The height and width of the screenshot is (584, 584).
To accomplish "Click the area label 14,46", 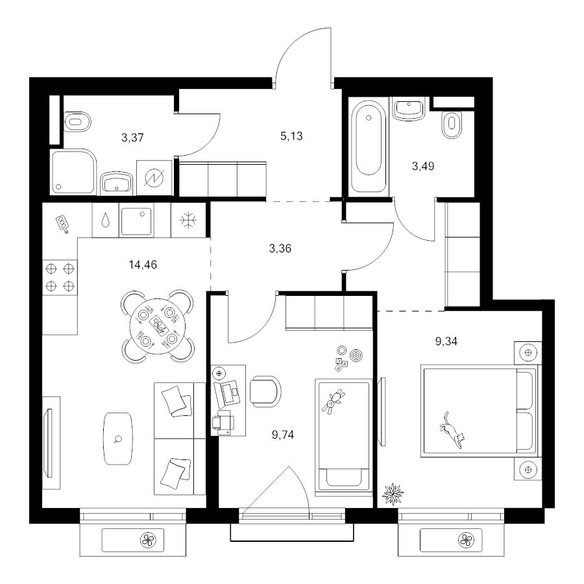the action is (x=143, y=265).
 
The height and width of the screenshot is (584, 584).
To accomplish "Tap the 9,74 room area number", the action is (x=283, y=435).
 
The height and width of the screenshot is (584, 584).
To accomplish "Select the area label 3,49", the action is (x=423, y=166).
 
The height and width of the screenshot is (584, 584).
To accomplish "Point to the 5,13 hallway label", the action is (x=291, y=136).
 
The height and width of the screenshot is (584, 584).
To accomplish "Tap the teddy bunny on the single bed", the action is (x=334, y=402).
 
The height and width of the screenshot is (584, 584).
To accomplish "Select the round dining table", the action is (x=158, y=326).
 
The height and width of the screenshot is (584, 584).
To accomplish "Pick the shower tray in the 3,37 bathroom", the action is (x=73, y=172).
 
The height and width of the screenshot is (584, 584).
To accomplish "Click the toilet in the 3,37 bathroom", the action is (x=77, y=121).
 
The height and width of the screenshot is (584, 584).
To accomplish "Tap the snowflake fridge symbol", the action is (x=188, y=221).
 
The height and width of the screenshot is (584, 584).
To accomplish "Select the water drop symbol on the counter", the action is (x=106, y=220).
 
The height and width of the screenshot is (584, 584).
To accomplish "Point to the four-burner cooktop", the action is (x=60, y=277).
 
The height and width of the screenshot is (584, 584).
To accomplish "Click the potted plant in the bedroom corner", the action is (x=393, y=494).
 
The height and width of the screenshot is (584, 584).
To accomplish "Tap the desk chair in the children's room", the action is (x=265, y=391).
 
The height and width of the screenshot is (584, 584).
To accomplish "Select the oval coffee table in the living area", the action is (x=118, y=439).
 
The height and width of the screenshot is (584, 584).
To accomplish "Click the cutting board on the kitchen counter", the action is (x=62, y=225).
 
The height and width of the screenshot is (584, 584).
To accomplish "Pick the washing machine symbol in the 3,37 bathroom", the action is (x=154, y=178).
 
